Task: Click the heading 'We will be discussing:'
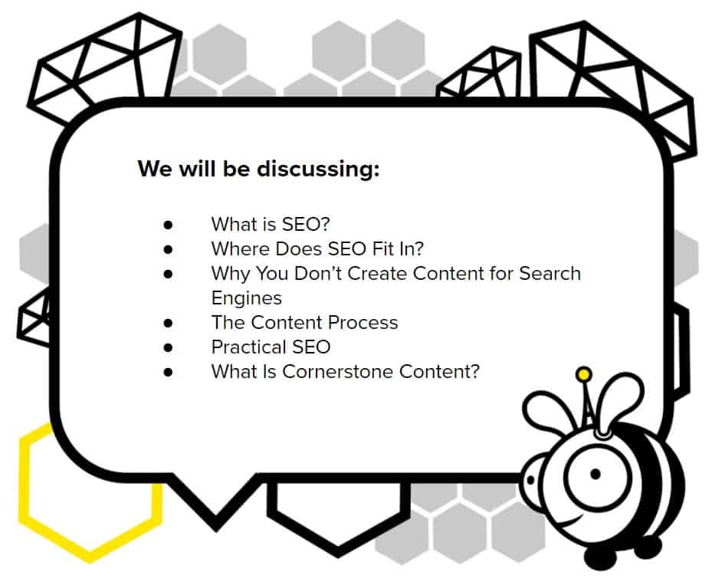tap(258, 169)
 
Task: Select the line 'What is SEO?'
tap(271, 224)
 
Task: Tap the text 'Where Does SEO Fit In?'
tap(317, 248)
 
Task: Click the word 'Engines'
tap(247, 298)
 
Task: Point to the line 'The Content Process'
tap(305, 322)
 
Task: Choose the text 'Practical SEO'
tap(271, 347)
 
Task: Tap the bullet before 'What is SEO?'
tap(168, 225)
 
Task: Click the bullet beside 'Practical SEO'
tap(168, 347)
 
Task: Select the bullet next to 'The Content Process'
tap(168, 323)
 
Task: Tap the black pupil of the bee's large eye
tap(596, 474)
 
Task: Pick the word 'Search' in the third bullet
tap(550, 273)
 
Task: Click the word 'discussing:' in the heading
tap(318, 169)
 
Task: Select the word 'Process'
tap(363, 322)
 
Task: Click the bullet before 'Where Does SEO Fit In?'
tap(168, 249)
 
